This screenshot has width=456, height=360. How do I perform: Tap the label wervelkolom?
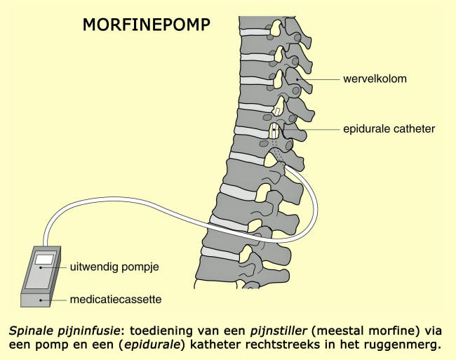[374, 79]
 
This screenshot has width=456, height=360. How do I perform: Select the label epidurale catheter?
[389, 129]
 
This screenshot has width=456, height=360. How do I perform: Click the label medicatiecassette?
[116, 299]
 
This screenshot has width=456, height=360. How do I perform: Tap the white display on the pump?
[44, 260]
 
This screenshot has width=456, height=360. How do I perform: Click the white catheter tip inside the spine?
[274, 131]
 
